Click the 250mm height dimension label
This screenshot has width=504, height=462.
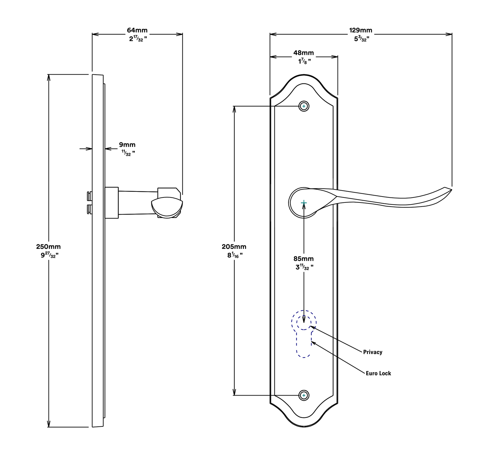point(48,247)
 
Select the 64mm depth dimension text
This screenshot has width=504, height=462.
point(137,30)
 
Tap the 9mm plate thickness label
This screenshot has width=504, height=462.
point(127,145)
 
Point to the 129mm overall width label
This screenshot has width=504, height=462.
point(361,30)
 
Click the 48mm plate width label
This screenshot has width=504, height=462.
point(304,53)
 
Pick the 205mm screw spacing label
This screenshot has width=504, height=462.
point(234,247)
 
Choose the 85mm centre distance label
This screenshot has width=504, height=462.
point(304,259)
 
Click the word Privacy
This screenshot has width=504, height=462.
point(373,352)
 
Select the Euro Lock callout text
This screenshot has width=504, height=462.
point(378,373)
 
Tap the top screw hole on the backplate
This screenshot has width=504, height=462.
point(304,106)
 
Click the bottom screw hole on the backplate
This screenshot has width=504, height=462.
point(304,395)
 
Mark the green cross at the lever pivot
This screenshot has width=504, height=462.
point(304,202)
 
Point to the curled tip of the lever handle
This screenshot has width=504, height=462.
point(450,190)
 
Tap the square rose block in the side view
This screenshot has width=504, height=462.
point(112,202)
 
